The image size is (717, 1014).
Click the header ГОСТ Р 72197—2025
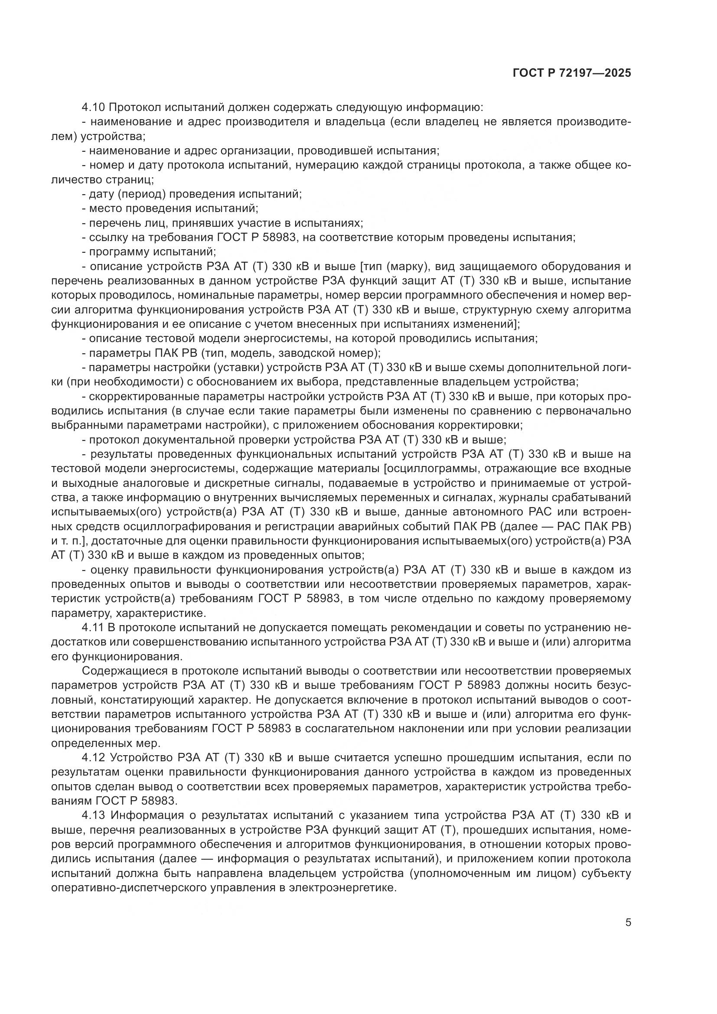(x=572, y=73)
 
